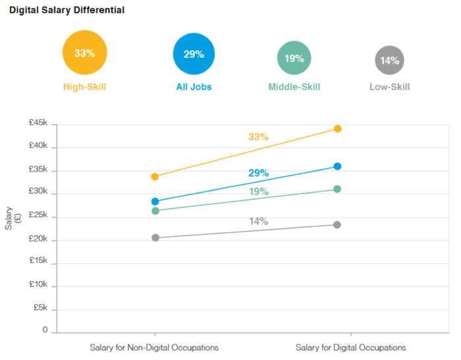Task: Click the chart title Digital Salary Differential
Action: (67, 11)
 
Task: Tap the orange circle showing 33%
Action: (84, 53)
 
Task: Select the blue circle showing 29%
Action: (194, 54)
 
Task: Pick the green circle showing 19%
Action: (294, 58)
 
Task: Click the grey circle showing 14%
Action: (389, 61)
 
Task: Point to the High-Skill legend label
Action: (84, 87)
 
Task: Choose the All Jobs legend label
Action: (194, 87)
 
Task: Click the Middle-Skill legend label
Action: (294, 87)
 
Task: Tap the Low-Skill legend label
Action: (389, 87)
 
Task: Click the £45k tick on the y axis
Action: (38, 123)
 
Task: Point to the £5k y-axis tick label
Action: (40, 308)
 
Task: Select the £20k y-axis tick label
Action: (38, 239)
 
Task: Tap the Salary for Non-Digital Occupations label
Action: (154, 347)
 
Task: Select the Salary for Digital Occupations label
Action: (350, 347)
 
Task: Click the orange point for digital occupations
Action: (337, 128)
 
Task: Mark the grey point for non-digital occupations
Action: (155, 238)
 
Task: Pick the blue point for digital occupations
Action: (337, 167)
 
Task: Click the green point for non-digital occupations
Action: (155, 211)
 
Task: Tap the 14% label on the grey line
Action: (258, 221)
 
